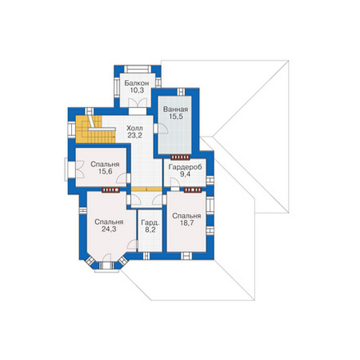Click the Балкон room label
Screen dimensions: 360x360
[137, 83]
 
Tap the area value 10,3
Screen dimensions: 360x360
[137, 91]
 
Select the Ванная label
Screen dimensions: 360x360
[175, 110]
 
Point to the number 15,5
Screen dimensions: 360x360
[175, 117]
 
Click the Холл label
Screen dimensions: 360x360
[134, 128]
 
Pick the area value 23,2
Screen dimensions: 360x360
[134, 135]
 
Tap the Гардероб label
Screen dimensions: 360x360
[185, 167]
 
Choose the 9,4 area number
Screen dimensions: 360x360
[185, 174]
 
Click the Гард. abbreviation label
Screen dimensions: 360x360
[150, 223]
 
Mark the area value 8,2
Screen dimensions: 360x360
[150, 230]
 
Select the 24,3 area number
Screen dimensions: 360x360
[109, 229]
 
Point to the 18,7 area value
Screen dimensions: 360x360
[187, 223]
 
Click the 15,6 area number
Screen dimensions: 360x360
[105, 172]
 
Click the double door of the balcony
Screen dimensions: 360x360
[137, 102]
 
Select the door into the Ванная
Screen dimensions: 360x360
[163, 128]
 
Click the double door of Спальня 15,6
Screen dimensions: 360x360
[80, 169]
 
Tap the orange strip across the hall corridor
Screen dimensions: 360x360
[146, 189]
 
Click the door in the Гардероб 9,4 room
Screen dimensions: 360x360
[175, 182]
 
